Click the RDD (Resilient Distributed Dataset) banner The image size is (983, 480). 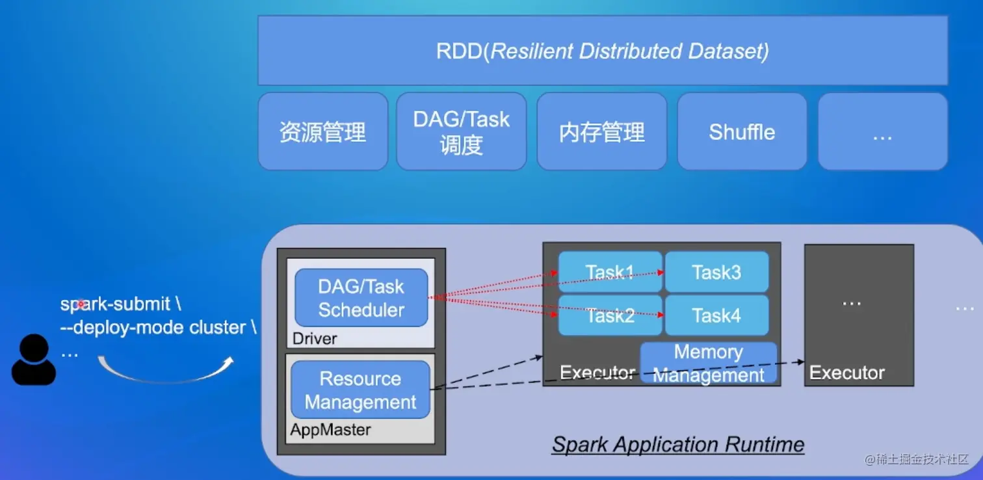coord(602,51)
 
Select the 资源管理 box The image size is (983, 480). coord(322,132)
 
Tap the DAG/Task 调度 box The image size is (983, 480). coord(461,132)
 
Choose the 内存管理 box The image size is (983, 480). coord(601,132)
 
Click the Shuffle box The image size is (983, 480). coord(742,132)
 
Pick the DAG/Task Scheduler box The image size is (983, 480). coord(361,298)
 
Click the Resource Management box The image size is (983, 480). coord(360,390)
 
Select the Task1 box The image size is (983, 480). coord(610,272)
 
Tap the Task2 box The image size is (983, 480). coord(610,315)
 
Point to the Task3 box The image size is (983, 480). coord(716,272)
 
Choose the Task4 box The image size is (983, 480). coord(716,315)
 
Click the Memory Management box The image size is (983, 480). coord(709,363)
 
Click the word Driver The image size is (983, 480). coord(315,338)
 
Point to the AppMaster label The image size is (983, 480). coord(330,430)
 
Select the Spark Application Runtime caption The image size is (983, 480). coord(678,445)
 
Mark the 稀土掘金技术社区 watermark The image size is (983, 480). coord(917,459)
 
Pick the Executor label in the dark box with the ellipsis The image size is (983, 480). coord(846,373)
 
